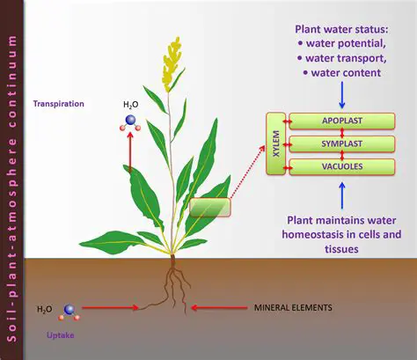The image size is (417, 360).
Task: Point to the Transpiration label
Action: coord(58,104)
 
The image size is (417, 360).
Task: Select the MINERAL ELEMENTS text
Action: coord(292,308)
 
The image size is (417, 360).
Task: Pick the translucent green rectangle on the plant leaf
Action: coord(208,207)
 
